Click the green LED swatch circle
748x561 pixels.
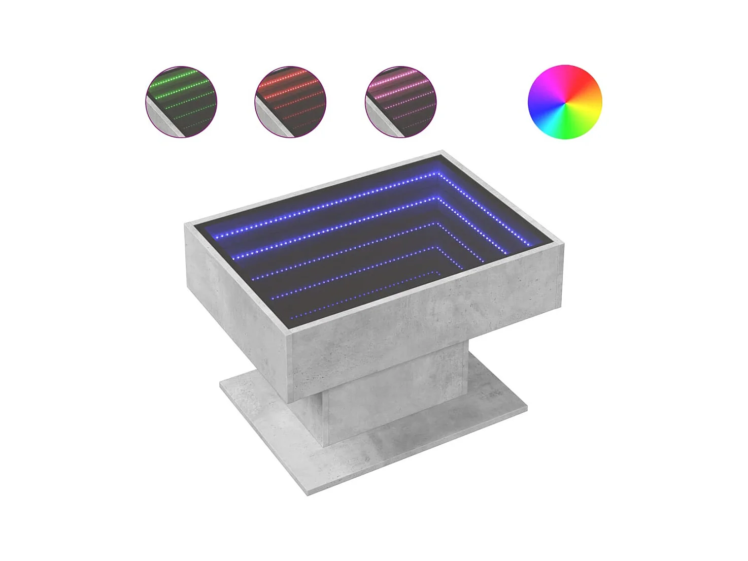[x=181, y=102]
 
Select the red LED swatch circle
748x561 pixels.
[x=290, y=102]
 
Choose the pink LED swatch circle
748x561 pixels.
[x=400, y=102]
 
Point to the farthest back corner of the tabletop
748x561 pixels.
[x=442, y=151]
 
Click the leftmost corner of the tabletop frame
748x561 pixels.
[x=185, y=224]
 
